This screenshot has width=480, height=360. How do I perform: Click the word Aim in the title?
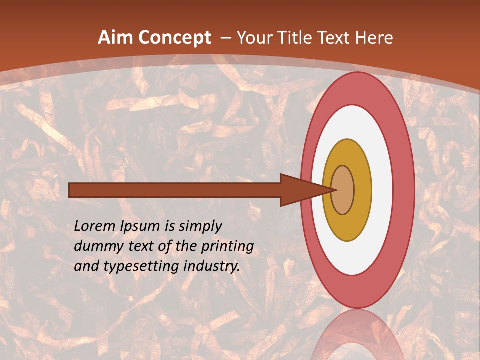[116, 38]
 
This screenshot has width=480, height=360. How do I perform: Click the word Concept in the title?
[175, 38]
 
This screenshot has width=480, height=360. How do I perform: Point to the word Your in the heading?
[255, 38]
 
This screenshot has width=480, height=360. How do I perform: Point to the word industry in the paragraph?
[212, 266]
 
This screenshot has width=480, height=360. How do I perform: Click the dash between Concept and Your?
[225, 38]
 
